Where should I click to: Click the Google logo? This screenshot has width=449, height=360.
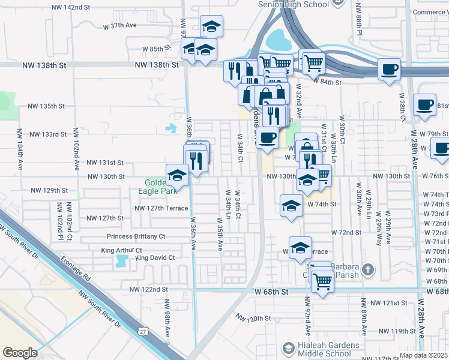(20, 353)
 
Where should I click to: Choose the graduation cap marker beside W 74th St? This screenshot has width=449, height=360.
(291, 205)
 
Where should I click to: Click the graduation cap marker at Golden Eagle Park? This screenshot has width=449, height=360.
(177, 175)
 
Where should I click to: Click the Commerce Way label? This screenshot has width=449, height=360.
(430, 11)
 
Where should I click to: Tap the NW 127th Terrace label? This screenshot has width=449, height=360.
(161, 208)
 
